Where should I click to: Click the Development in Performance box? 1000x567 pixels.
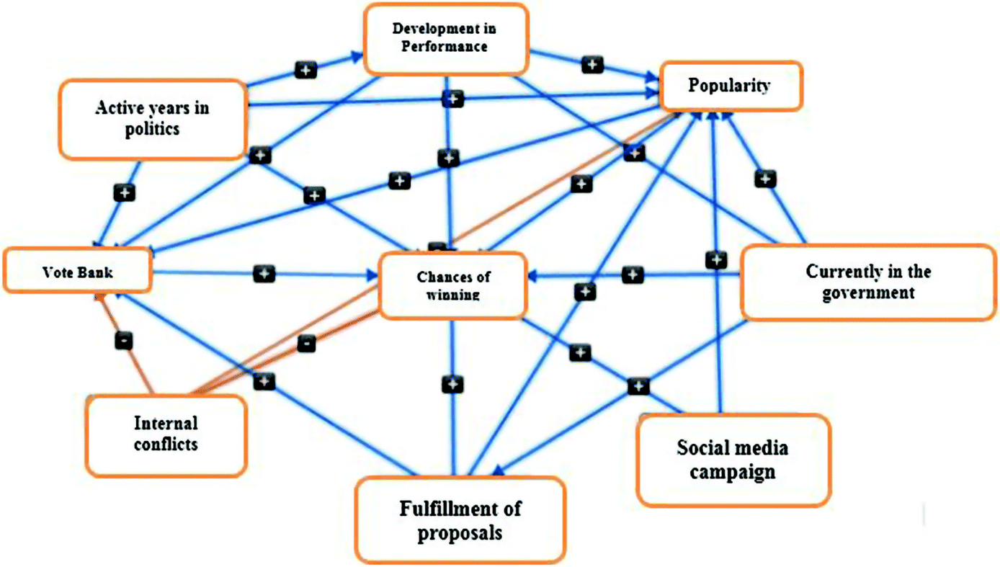point(446,38)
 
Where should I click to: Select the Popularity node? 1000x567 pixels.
point(730,86)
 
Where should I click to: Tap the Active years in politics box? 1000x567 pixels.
point(152,119)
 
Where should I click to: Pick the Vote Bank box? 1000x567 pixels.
point(77,272)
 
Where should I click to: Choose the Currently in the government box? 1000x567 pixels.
point(868,282)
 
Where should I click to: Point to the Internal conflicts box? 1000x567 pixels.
point(166,433)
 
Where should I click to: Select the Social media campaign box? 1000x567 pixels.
point(733,460)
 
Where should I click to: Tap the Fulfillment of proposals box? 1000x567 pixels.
point(460,520)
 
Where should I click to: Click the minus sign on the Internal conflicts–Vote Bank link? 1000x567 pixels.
point(124,341)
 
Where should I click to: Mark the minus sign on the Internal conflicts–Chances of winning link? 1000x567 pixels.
point(306,343)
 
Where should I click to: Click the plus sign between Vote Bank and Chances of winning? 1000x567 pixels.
point(264,274)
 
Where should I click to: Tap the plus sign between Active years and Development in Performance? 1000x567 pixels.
point(305,70)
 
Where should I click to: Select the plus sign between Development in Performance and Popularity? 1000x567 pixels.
point(592,64)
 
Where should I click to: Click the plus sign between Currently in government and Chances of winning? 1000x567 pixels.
point(632,274)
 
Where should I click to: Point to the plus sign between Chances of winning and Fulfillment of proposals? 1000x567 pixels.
point(452,384)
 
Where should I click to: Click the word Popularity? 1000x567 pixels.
point(729,86)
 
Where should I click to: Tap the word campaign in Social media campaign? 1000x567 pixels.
point(732,473)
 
